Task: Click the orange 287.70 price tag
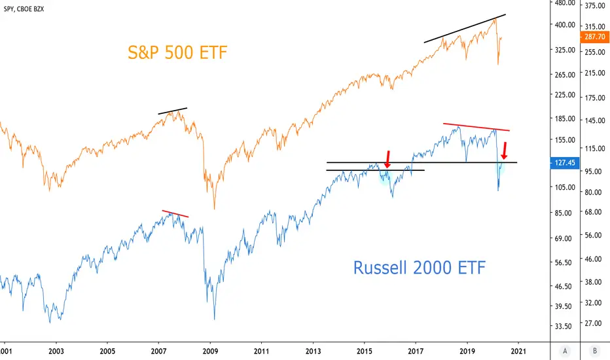click(x=594, y=37)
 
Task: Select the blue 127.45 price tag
click(x=564, y=163)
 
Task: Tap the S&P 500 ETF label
click(x=177, y=52)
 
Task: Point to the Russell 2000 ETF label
click(x=420, y=268)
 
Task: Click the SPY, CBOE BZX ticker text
click(x=24, y=9)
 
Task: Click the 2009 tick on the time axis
click(x=210, y=351)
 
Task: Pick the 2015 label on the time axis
click(x=365, y=351)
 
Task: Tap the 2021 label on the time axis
click(x=518, y=351)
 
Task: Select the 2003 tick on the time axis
click(x=56, y=351)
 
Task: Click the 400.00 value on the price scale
click(x=565, y=25)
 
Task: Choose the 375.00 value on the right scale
click(x=595, y=5)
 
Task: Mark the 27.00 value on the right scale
click(x=593, y=323)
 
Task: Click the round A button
click(x=565, y=351)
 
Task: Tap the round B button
click(x=594, y=351)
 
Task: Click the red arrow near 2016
click(x=387, y=159)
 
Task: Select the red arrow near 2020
click(x=504, y=151)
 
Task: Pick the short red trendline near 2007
click(x=175, y=213)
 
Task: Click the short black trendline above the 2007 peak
click(x=172, y=111)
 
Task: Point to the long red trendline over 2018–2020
click(x=476, y=127)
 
